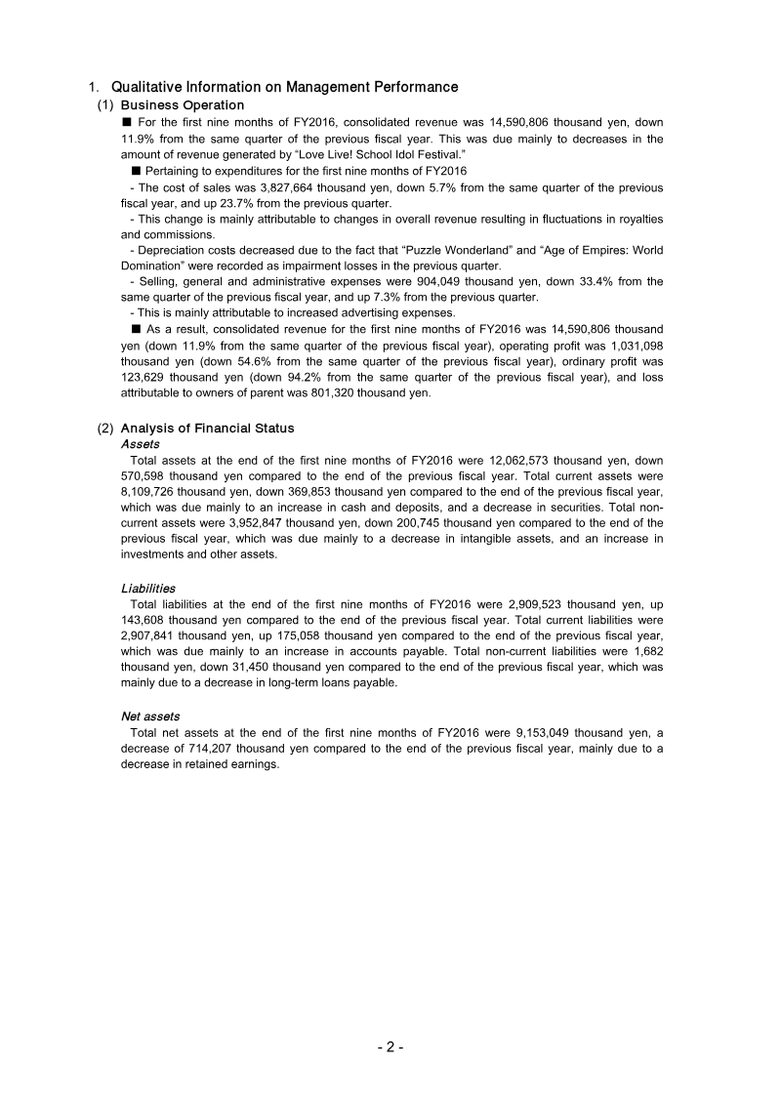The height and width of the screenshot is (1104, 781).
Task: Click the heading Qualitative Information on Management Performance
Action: click(x=284, y=87)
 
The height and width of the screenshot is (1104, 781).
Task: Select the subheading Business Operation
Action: click(x=182, y=104)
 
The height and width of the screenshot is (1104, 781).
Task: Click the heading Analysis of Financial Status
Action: click(x=207, y=428)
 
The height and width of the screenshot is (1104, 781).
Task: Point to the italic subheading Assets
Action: click(x=140, y=444)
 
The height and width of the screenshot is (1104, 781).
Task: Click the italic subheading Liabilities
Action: click(x=148, y=589)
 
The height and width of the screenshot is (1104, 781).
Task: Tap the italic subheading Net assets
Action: click(x=150, y=716)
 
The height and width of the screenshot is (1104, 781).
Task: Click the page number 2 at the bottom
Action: click(x=390, y=1047)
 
